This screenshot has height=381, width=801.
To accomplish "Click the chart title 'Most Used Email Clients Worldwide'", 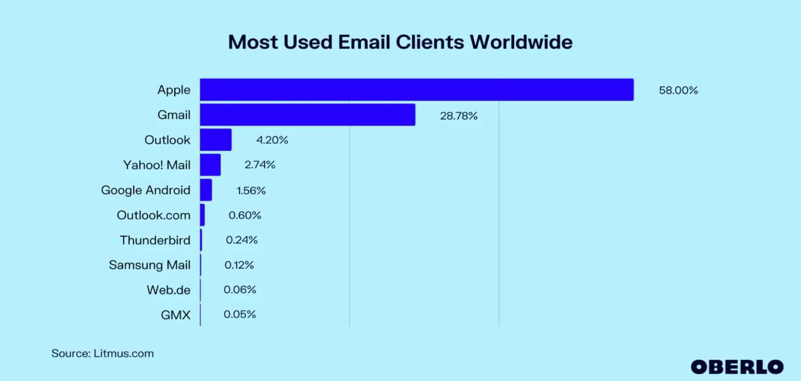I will (x=400, y=42).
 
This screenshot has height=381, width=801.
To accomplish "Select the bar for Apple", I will (x=416, y=90).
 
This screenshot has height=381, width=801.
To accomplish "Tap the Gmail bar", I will (x=307, y=115).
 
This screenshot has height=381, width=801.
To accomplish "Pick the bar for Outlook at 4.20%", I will (x=215, y=140).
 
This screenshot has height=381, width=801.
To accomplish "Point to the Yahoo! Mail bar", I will (x=210, y=165).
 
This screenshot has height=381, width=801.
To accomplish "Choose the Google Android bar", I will (x=206, y=190).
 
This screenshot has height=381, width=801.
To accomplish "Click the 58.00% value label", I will (x=678, y=91).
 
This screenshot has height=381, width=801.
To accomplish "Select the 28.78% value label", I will (x=458, y=116).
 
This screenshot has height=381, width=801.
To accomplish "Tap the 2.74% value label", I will (x=260, y=165).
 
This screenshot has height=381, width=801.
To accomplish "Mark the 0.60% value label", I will (x=245, y=215).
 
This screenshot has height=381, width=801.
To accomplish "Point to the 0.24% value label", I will (x=242, y=240).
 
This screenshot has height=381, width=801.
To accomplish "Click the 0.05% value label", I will (x=239, y=315).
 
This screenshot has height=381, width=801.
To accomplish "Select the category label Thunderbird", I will (x=155, y=240).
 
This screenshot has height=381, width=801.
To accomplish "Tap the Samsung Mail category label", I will (x=150, y=265).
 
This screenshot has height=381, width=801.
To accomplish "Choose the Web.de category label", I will (x=169, y=290).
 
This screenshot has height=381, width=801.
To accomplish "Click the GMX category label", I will (x=176, y=315).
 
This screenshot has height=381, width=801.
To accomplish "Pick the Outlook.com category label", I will (x=153, y=215).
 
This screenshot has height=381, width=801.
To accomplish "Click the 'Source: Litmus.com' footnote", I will (x=102, y=353).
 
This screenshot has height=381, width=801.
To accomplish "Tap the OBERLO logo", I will (x=737, y=366).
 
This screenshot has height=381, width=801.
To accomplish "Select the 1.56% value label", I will (x=251, y=190).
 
